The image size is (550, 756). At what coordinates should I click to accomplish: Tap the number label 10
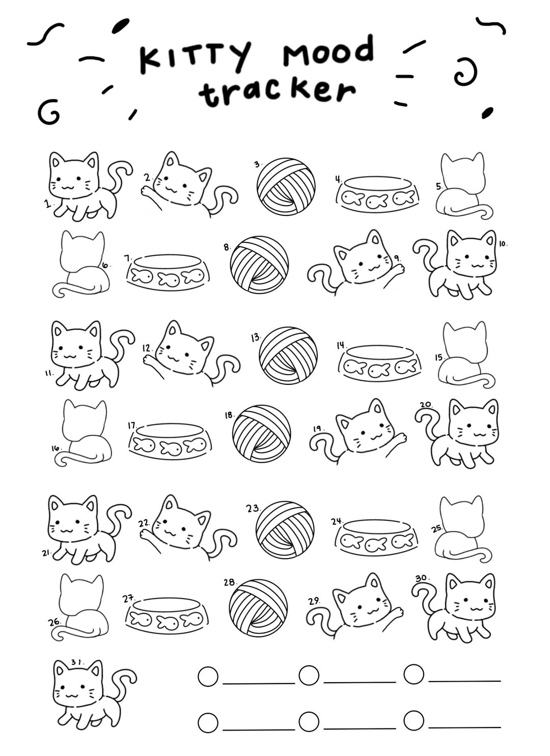click(503, 244)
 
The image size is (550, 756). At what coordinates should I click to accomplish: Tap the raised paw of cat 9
click(398, 267)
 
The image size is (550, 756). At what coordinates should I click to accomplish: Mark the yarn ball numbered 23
click(285, 530)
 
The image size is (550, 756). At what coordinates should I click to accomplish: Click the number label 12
click(147, 348)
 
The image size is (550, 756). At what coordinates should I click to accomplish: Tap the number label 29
click(314, 601)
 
